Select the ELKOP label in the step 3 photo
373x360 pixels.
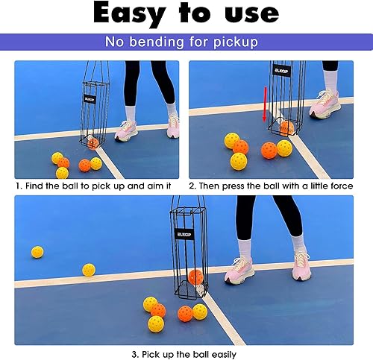[184, 233]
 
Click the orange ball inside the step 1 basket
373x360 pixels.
[93, 143]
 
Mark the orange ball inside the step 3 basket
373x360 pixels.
[195, 277]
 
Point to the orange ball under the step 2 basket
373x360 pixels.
[286, 127]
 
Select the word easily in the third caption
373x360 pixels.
[221, 354]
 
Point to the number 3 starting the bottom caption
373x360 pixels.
[134, 354]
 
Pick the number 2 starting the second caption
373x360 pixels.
[192, 185]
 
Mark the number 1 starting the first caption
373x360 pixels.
[17, 185]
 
